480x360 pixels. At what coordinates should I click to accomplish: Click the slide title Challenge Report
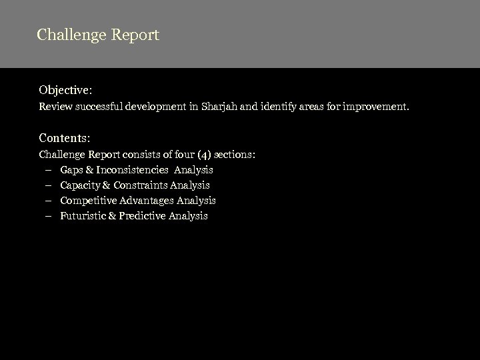click(x=98, y=35)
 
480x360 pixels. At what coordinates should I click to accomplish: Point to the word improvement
click(x=379, y=106)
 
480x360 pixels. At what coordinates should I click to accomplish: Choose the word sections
click(x=232, y=155)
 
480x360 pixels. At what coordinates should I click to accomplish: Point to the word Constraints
click(x=140, y=185)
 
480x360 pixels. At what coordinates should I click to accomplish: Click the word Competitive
click(x=88, y=201)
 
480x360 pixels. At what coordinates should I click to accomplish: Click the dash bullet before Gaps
click(x=49, y=170)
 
